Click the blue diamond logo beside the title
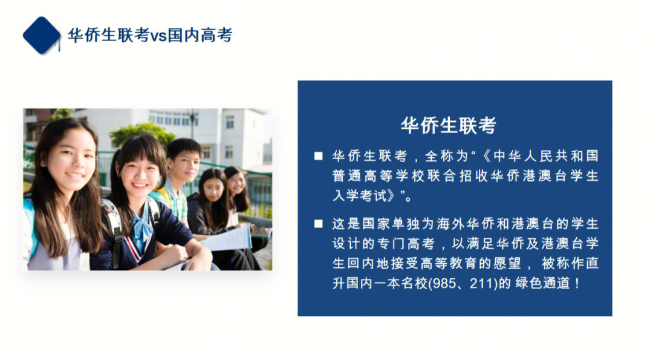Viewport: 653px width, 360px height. (41, 35)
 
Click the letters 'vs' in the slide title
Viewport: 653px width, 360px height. (158, 36)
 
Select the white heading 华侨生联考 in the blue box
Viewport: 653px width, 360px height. (448, 125)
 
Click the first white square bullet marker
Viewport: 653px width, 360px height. (318, 157)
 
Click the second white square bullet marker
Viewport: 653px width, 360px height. (318, 224)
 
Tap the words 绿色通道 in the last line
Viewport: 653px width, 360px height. (541, 283)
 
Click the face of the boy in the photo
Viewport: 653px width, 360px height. (183, 162)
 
